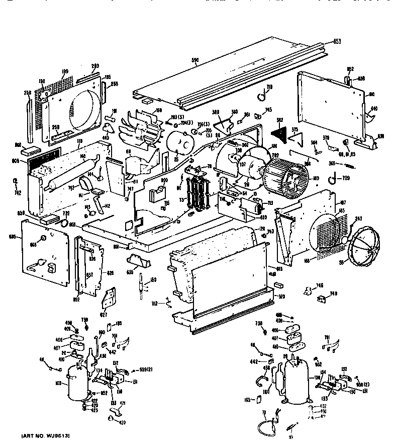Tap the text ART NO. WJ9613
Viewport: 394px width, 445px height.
(45, 434)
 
